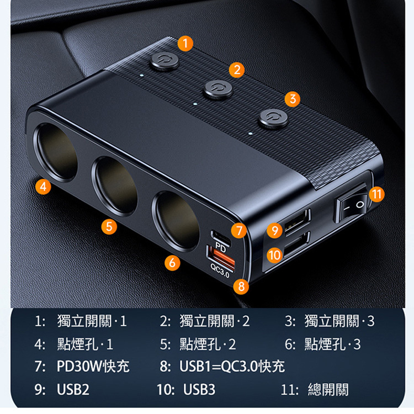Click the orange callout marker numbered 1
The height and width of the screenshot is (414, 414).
click(185, 43)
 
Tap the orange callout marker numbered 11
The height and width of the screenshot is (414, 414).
click(376, 194)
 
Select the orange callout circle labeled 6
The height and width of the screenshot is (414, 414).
click(172, 263)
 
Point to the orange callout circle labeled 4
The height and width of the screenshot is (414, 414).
click(43, 187)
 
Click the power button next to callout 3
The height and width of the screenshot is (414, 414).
click(274, 119)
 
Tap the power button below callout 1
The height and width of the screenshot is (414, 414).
click(164, 61)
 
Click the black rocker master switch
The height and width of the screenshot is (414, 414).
click(352, 208)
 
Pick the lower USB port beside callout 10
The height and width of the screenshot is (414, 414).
click(297, 244)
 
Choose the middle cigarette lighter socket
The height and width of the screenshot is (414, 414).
click(115, 185)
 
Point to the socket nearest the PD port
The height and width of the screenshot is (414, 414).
click(176, 220)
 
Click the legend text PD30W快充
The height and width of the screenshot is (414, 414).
click(93, 366)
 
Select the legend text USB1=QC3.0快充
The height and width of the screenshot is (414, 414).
click(232, 366)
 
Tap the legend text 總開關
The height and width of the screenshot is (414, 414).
click(328, 390)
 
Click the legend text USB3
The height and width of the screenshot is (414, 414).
click(199, 390)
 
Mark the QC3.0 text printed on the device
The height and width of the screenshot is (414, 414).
click(220, 270)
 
